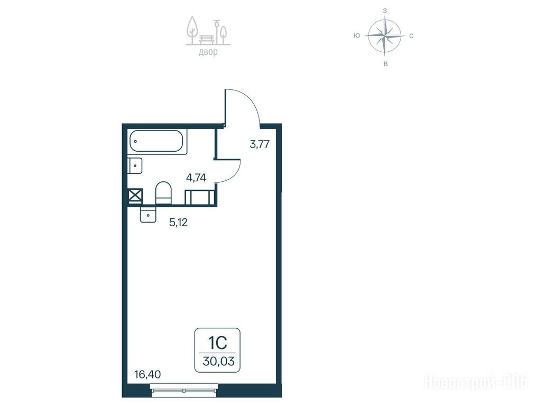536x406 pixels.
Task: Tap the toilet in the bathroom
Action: pos(163,193)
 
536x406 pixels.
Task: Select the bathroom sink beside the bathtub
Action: pos(135,166)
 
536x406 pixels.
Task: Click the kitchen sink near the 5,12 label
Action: pos(147,215)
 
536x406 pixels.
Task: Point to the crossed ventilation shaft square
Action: pos(135,197)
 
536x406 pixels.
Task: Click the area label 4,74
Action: pos(196,178)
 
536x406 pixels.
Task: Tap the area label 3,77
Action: pos(260,144)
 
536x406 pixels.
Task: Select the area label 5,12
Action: pos(179,223)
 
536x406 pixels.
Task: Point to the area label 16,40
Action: pos(147,375)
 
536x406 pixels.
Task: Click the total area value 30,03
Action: pos(218,361)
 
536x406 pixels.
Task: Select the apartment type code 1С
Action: pos(218,343)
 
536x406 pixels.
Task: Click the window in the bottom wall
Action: pos(184,388)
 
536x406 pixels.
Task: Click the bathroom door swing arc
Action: pos(236,174)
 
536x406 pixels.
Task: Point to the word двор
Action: pos(208,52)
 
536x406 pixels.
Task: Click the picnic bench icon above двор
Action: pos(207,39)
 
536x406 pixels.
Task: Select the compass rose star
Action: pos(385,35)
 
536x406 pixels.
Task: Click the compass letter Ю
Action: pos(357,35)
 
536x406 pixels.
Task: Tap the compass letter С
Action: pos(411,36)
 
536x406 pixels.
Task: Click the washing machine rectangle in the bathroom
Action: pos(200,198)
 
